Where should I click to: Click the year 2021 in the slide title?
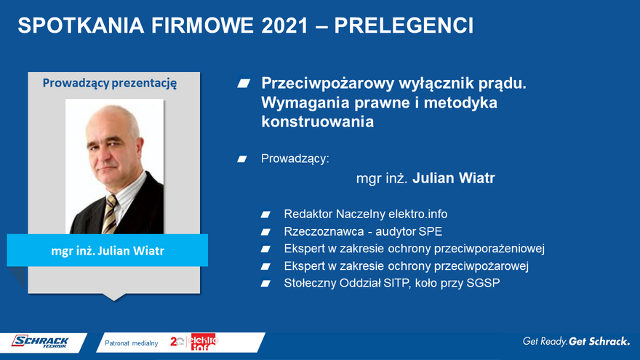(x=285, y=25)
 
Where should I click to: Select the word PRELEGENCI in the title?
(x=404, y=25)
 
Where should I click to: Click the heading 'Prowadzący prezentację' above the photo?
(x=110, y=83)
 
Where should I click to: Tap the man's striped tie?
(x=109, y=214)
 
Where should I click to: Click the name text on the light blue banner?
(x=108, y=251)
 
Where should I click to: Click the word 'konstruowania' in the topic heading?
(x=318, y=121)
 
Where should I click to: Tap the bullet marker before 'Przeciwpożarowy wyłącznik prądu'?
(x=244, y=83)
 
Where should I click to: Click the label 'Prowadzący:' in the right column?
(x=295, y=159)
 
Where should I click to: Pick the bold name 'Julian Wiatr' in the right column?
(x=454, y=178)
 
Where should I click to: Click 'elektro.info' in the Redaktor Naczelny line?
(x=417, y=214)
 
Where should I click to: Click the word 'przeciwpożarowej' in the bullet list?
(x=481, y=266)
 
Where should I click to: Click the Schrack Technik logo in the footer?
(x=40, y=342)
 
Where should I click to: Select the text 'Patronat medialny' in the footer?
(x=132, y=343)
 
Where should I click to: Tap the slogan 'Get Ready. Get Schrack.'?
(x=576, y=341)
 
